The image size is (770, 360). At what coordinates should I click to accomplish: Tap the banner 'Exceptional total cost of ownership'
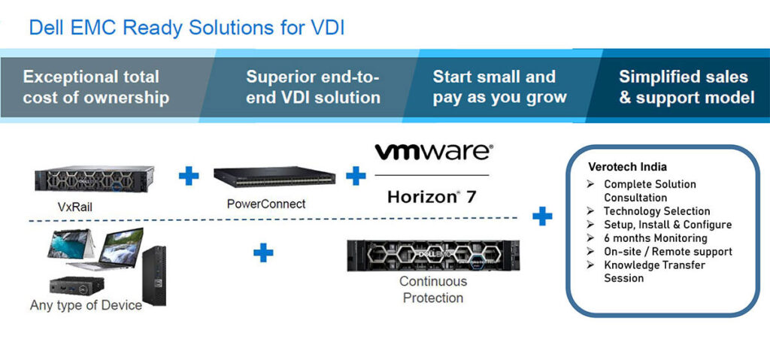click(x=95, y=87)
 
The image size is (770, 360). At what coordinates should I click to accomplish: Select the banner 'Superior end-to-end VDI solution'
click(x=313, y=87)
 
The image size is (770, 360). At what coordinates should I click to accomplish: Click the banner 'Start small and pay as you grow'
click(x=499, y=87)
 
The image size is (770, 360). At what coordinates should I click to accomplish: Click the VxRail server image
click(x=94, y=179)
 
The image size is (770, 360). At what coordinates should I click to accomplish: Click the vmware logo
click(x=434, y=153)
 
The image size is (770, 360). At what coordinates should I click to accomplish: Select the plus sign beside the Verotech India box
click(x=541, y=217)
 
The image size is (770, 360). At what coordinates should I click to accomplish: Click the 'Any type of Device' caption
click(x=86, y=305)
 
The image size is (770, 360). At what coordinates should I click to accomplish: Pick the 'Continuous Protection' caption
click(x=432, y=289)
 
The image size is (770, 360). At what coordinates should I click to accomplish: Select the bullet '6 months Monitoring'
click(x=655, y=238)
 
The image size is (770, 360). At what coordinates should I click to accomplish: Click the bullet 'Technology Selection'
click(x=656, y=211)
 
